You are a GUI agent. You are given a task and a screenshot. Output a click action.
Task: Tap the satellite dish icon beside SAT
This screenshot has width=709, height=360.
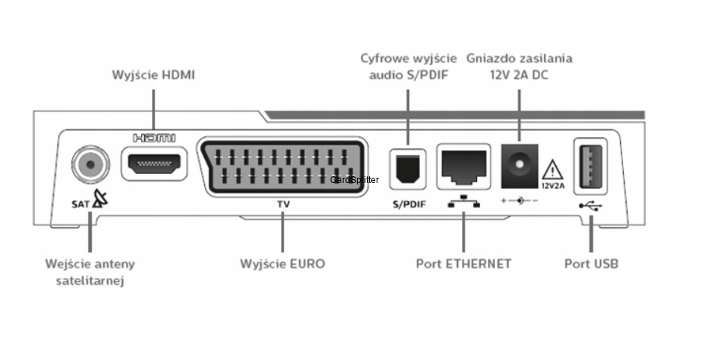(x=99, y=202)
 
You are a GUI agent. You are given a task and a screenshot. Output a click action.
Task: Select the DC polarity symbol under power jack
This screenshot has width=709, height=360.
(x=519, y=202)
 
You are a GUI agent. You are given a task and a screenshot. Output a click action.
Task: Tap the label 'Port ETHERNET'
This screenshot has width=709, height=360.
(x=463, y=264)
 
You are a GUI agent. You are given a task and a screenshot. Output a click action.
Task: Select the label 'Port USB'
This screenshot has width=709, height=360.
(x=591, y=264)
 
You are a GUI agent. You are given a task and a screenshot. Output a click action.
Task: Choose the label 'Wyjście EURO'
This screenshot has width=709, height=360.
(x=283, y=264)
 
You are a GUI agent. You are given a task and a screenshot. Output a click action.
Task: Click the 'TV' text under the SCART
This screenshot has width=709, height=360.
(x=283, y=203)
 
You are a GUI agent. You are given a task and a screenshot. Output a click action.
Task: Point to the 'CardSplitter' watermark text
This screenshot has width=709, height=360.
(x=355, y=180)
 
